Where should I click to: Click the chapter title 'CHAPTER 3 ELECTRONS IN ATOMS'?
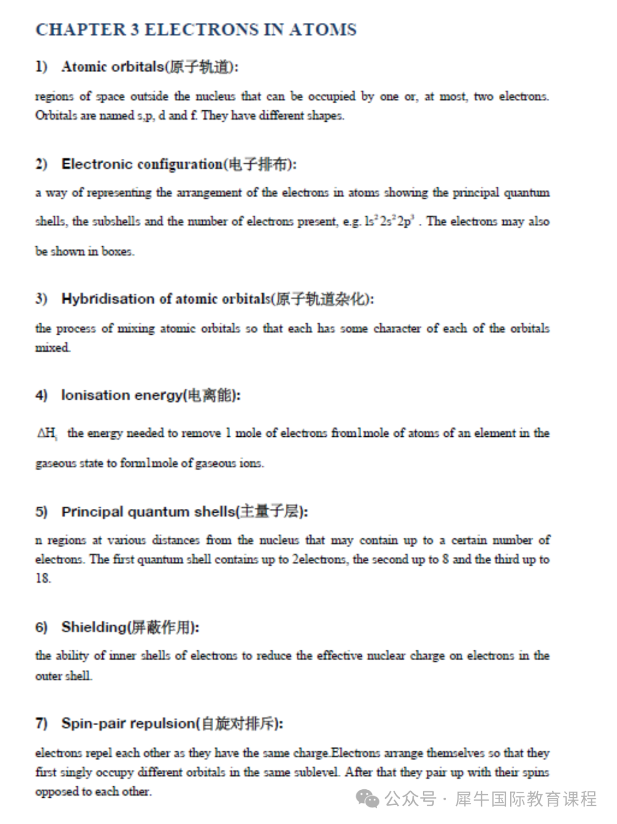tap(196, 30)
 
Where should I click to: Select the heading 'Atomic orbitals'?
tap(113, 67)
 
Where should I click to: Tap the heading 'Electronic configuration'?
tap(142, 164)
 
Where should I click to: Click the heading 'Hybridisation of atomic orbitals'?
tap(166, 299)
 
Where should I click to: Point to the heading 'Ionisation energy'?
tap(122, 395)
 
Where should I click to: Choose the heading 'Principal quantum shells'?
tap(148, 512)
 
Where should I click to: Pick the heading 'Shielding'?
tap(94, 627)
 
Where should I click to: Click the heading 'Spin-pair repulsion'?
tap(129, 723)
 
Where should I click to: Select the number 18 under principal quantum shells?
tap(43, 578)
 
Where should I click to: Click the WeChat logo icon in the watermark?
tap(367, 798)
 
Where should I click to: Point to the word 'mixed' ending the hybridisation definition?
tap(53, 348)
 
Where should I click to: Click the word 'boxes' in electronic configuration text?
tap(117, 251)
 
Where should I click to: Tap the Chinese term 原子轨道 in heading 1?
tap(199, 67)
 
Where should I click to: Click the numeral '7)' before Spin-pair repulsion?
tap(41, 723)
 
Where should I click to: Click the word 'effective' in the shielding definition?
tap(339, 656)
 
